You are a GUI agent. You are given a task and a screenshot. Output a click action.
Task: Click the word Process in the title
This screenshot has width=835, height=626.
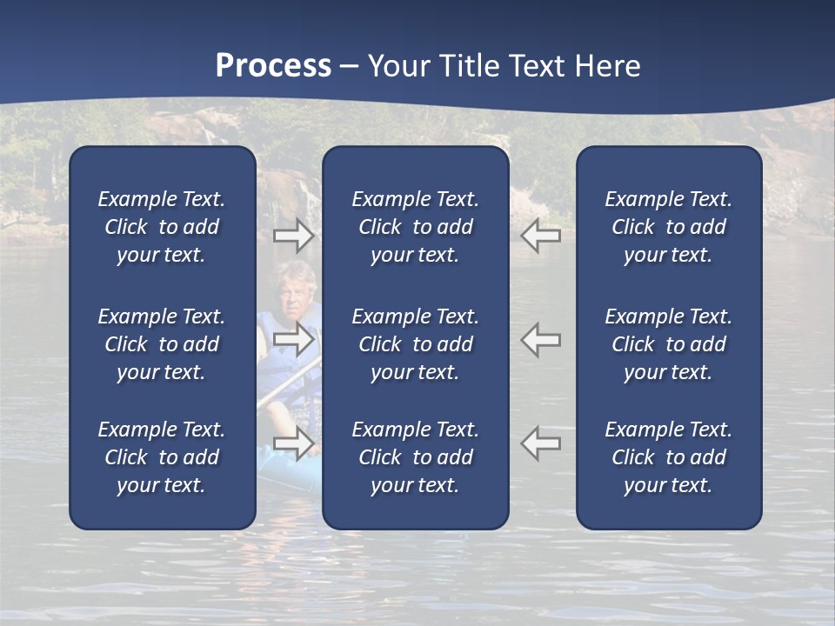(x=273, y=66)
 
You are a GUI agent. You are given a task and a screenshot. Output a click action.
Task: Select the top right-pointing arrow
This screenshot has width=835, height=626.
(x=293, y=235)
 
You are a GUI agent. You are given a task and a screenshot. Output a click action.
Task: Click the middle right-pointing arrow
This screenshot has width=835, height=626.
(x=293, y=338)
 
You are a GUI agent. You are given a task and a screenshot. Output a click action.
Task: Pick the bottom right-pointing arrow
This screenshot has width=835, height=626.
(x=293, y=443)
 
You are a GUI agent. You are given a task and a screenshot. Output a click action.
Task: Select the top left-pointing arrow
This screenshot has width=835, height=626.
(x=541, y=235)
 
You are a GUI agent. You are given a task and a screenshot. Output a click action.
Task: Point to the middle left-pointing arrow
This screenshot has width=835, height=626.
(x=541, y=338)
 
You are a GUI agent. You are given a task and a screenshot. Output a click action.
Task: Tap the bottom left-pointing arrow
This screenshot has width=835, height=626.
(x=541, y=443)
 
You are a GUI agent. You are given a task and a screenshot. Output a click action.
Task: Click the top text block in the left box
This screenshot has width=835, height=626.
(x=162, y=227)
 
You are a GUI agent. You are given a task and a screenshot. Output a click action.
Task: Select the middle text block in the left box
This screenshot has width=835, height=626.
(x=162, y=344)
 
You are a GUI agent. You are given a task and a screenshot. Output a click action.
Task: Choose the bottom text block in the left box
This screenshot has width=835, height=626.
(x=162, y=457)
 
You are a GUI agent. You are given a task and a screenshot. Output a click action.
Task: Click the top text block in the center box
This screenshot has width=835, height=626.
(x=416, y=227)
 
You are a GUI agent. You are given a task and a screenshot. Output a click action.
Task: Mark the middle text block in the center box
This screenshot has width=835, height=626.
(x=416, y=344)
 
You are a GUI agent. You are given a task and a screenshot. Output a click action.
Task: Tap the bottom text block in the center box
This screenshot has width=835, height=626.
(x=416, y=457)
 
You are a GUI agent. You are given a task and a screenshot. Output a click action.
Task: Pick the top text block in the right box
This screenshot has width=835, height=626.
(x=669, y=227)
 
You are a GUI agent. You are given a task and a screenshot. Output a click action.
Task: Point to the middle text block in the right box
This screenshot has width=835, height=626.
(x=669, y=344)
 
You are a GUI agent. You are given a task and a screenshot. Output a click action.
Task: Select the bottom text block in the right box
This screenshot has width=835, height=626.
(x=669, y=457)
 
